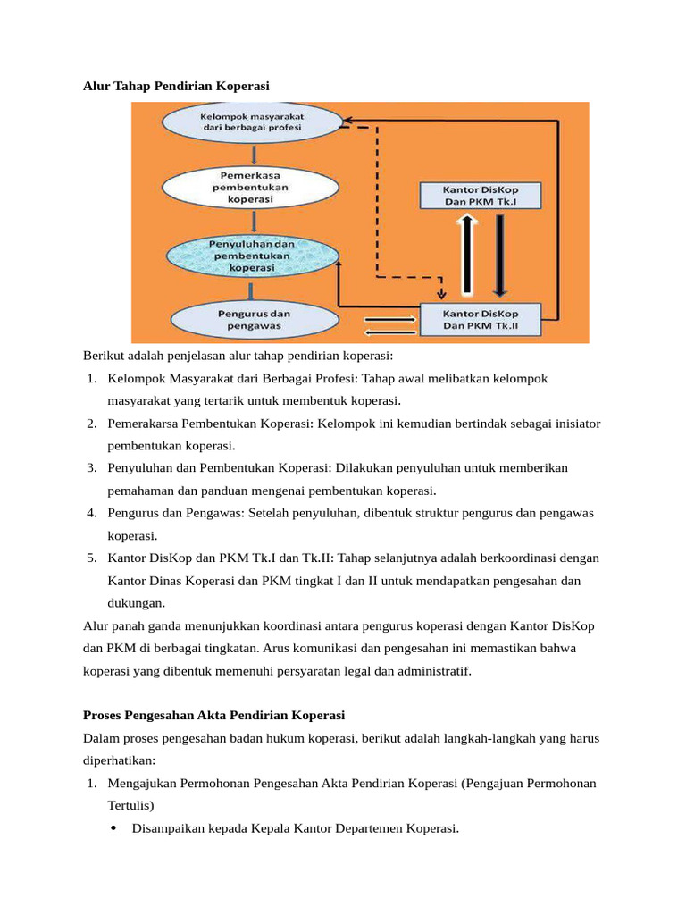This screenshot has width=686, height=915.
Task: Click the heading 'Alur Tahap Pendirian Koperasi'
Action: coord(176,85)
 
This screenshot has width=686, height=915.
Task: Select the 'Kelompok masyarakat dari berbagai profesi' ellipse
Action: coord(251,122)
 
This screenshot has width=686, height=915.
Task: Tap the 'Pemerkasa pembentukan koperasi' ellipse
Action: coord(250,188)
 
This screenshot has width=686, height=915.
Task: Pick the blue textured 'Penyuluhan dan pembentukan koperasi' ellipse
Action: coord(251,255)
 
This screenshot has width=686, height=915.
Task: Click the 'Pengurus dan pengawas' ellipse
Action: coord(251,320)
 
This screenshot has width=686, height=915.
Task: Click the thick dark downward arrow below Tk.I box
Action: coord(500,255)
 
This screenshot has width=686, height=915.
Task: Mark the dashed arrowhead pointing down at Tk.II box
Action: coord(439,294)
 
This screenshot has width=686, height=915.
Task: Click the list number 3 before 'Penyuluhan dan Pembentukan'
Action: coord(92,468)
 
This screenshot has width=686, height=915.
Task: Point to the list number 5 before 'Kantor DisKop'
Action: coord(92,558)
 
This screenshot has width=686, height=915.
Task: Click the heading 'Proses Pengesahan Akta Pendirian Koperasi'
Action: coord(213,716)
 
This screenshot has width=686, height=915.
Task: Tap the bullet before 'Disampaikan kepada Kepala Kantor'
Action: coord(113,828)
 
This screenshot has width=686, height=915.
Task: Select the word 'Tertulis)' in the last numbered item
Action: coord(131,805)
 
